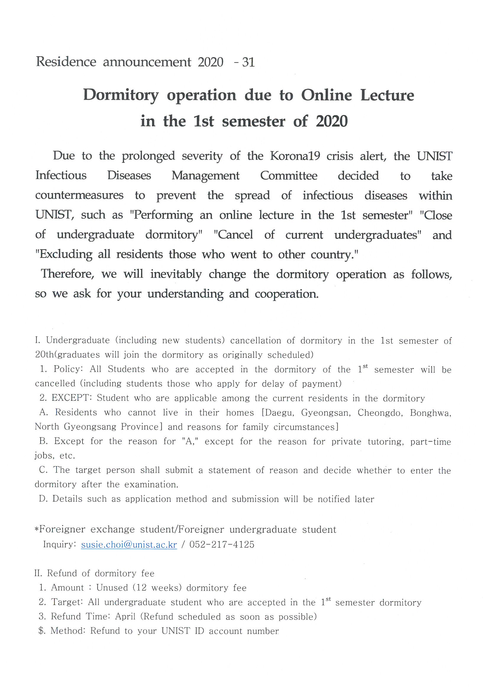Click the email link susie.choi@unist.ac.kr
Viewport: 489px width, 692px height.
[x=129, y=545]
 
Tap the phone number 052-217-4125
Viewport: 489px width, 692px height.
[x=222, y=544]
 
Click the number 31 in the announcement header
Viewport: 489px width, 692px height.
[x=248, y=62]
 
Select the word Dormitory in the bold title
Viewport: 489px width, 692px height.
[x=121, y=96]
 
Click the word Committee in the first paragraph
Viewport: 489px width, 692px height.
[x=289, y=176]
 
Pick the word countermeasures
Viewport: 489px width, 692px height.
[x=79, y=195]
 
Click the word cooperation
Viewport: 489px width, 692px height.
[x=287, y=294]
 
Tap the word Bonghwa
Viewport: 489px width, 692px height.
[x=430, y=412]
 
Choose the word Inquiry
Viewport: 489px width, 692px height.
[x=60, y=544]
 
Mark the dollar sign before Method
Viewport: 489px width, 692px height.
[x=42, y=631]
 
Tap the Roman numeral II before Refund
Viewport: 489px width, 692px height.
[x=38, y=573]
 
